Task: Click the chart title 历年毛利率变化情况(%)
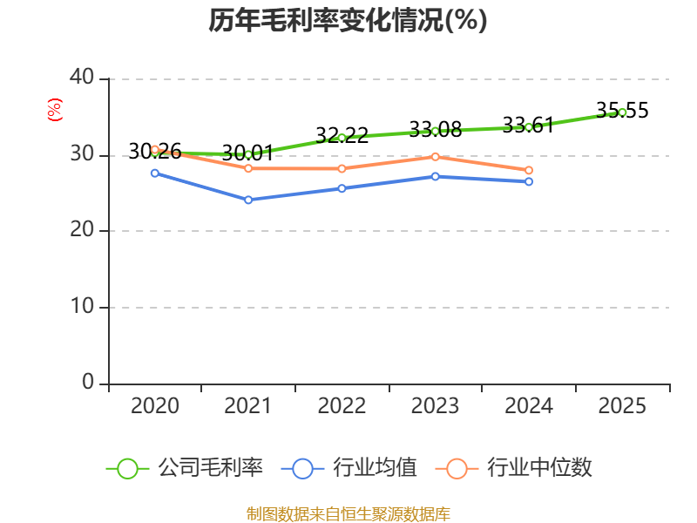click(348, 20)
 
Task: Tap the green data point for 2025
click(622, 112)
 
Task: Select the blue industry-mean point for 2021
click(248, 200)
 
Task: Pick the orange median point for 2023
click(436, 157)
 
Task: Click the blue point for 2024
click(529, 182)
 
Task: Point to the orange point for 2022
click(342, 169)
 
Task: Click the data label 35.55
click(622, 111)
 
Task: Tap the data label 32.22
click(342, 135)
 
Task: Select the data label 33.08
click(436, 129)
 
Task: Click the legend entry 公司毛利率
click(185, 468)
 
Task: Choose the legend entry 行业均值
click(349, 468)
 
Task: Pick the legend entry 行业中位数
click(514, 468)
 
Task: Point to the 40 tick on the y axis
click(82, 78)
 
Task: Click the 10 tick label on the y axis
click(82, 306)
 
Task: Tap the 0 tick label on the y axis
click(88, 383)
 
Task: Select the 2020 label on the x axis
click(155, 406)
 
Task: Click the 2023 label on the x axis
click(435, 406)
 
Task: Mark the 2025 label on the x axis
click(622, 406)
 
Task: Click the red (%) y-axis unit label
click(55, 110)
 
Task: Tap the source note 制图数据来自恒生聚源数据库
click(348, 514)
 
